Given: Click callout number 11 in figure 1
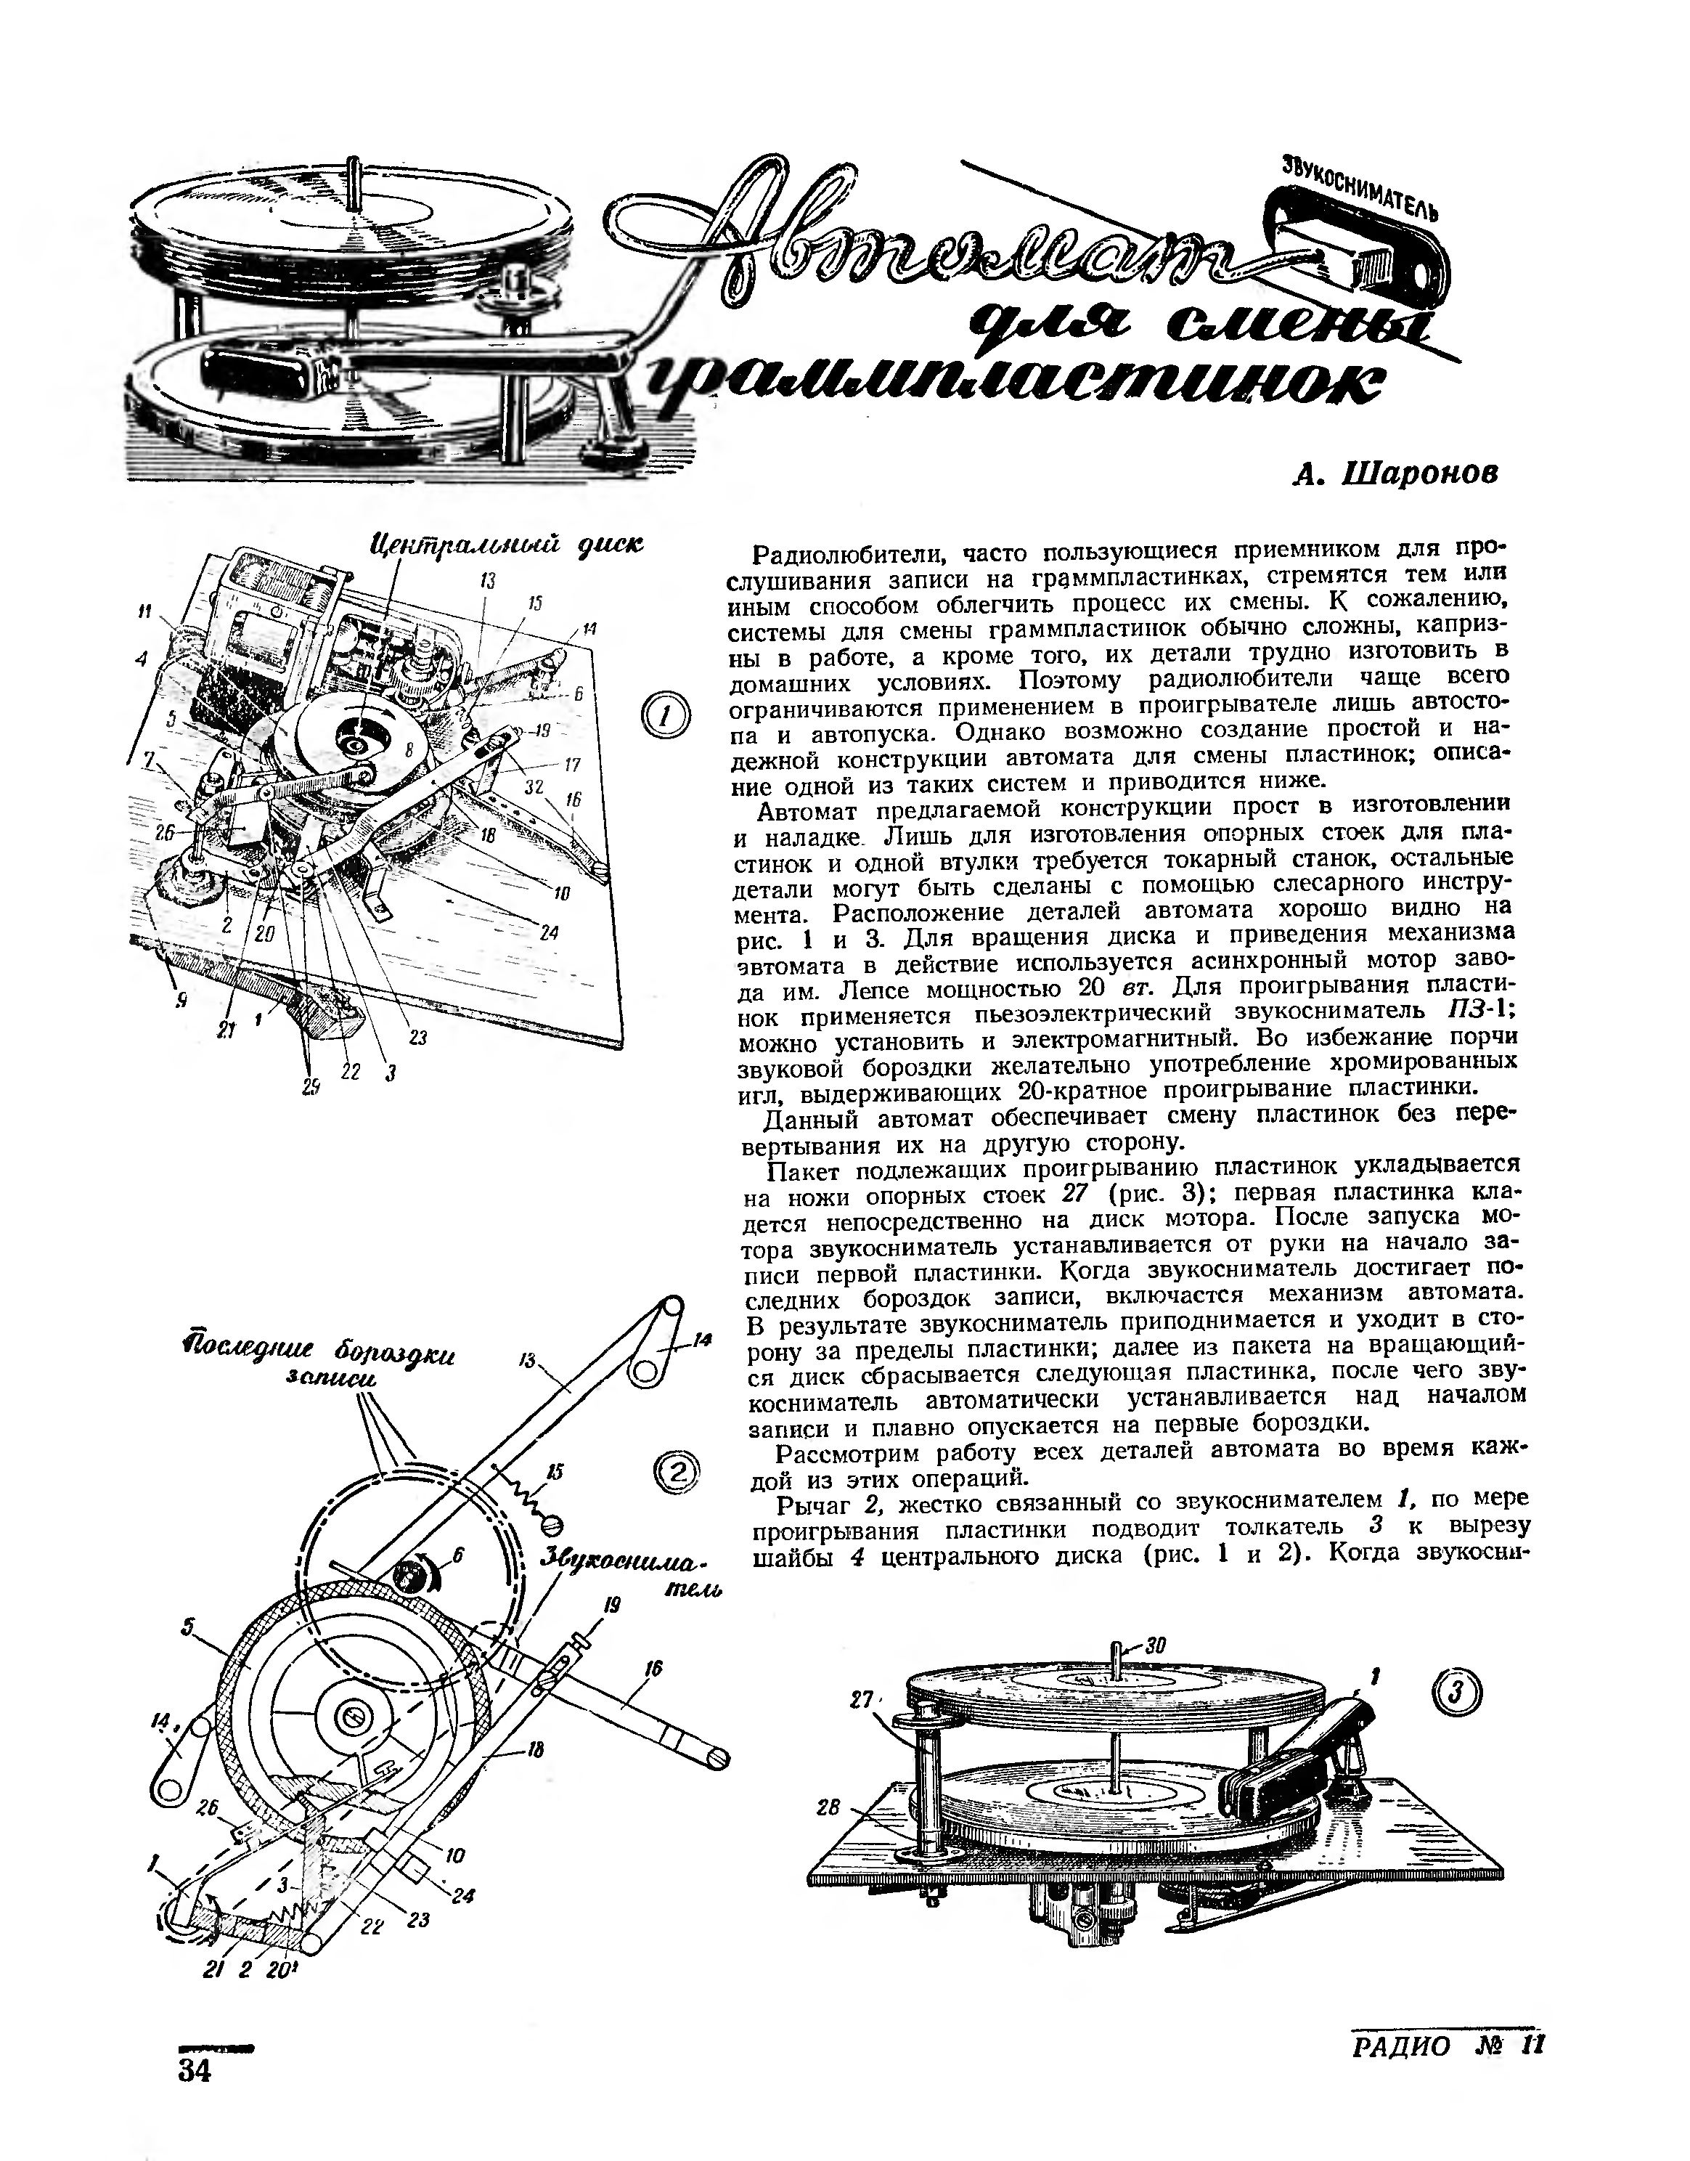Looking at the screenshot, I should pos(145,614).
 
